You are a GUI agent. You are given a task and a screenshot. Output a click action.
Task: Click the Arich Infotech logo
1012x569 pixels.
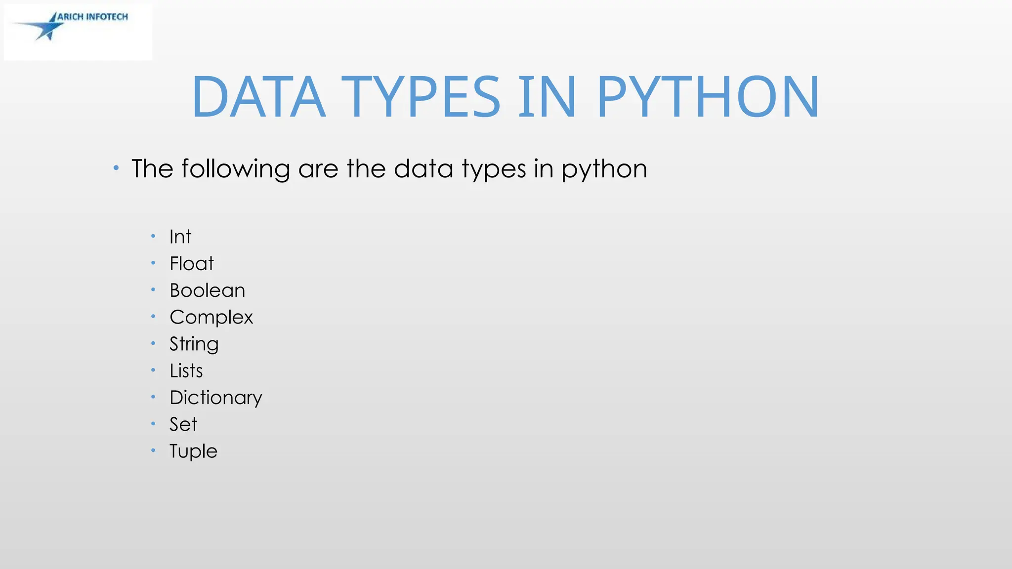click(78, 32)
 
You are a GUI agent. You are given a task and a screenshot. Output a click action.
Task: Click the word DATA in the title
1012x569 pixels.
click(258, 97)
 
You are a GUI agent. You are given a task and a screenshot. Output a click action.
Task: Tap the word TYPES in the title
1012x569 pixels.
click(421, 97)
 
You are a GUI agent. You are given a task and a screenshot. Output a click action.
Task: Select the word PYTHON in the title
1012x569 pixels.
click(708, 97)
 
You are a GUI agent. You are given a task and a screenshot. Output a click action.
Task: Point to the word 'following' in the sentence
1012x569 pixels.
click(235, 169)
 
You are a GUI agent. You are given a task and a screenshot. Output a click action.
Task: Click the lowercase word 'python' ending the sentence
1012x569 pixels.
click(604, 169)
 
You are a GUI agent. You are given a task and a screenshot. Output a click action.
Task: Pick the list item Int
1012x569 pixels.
click(180, 237)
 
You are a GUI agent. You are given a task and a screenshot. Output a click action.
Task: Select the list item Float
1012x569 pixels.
click(191, 264)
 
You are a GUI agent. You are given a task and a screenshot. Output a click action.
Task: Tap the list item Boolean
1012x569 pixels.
click(207, 290)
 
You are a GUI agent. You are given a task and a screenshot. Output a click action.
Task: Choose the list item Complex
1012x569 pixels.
click(211, 318)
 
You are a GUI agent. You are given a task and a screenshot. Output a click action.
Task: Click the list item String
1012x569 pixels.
click(194, 344)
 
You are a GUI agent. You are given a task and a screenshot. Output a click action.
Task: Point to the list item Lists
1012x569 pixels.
click(186, 371)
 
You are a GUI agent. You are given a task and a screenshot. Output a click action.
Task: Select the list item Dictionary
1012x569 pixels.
click(215, 398)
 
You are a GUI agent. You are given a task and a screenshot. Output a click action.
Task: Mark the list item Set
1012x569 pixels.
click(183, 424)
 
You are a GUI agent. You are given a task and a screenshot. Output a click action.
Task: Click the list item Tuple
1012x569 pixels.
click(193, 451)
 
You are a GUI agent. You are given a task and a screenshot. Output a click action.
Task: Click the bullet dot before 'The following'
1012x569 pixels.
click(116, 168)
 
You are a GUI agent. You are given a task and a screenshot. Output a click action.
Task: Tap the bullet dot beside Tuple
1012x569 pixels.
click(153, 450)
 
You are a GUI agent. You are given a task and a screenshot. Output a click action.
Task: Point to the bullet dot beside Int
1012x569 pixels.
click(153, 237)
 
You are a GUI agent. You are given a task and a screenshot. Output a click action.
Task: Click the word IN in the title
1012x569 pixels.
click(547, 97)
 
